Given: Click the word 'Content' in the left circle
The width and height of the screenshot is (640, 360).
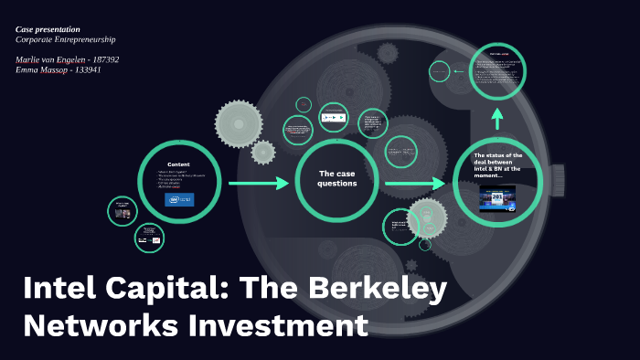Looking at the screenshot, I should coord(178,164).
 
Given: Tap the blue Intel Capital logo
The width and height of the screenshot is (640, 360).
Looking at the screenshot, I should coord(179,199).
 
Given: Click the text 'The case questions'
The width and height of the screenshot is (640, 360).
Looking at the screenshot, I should coord(336,178).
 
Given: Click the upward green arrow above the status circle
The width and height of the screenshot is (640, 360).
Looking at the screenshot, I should coord(497,118).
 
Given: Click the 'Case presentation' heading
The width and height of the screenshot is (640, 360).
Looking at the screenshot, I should coord(48,29).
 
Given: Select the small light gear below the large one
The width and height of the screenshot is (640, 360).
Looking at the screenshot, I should coord(263,152).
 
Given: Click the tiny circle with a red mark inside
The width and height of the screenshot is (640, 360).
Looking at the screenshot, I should coord(149,239).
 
